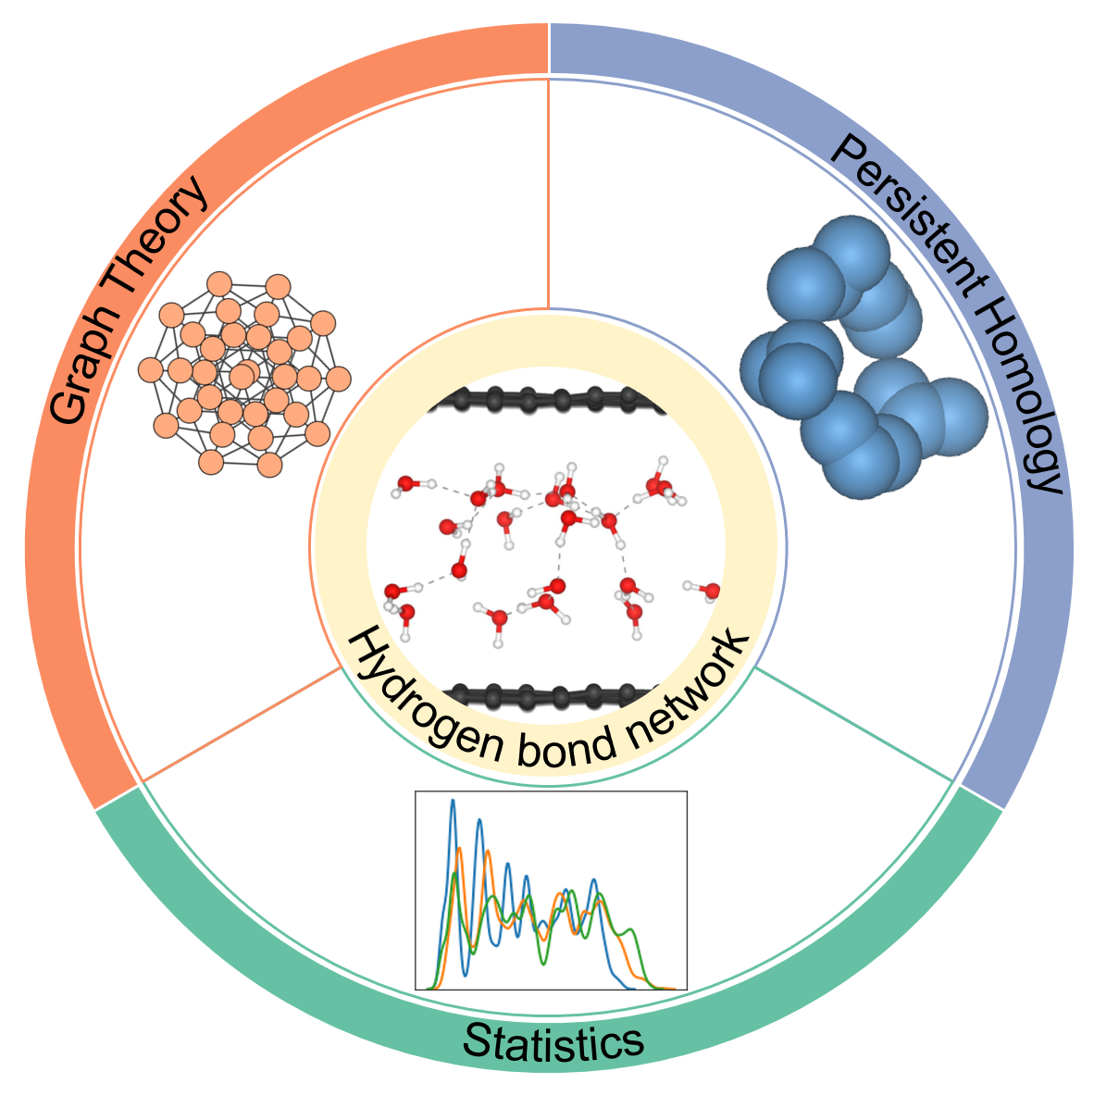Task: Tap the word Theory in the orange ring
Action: [x=156, y=231]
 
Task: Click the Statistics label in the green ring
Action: [x=553, y=1042]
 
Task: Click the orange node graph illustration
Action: [x=244, y=374]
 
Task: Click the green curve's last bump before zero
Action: [x=631, y=929]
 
